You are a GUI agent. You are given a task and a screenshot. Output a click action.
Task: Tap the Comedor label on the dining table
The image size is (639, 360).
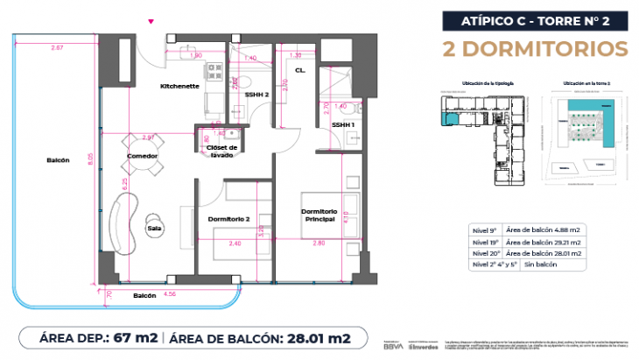tap(142, 156)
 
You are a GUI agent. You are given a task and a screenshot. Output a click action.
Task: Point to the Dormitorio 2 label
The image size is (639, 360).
tap(229, 219)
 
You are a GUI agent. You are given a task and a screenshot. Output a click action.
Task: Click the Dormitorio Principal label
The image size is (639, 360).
tap(319, 215)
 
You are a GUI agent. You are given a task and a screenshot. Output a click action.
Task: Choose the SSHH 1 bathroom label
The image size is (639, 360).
tap(343, 124)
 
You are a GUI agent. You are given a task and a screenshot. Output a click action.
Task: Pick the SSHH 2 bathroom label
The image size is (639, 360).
tap(256, 93)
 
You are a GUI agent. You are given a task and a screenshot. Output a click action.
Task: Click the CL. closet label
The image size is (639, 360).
tap(299, 70)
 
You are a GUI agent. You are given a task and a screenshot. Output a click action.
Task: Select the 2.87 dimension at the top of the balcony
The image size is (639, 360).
tap(57, 46)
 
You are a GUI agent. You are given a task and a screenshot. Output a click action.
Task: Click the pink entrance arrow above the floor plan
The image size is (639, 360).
tap(152, 20)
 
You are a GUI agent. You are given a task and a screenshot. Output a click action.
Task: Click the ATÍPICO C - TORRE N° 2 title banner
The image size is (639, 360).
tap(536, 20)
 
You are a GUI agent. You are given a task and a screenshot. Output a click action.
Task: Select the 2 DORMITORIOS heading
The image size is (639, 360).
tap(536, 48)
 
